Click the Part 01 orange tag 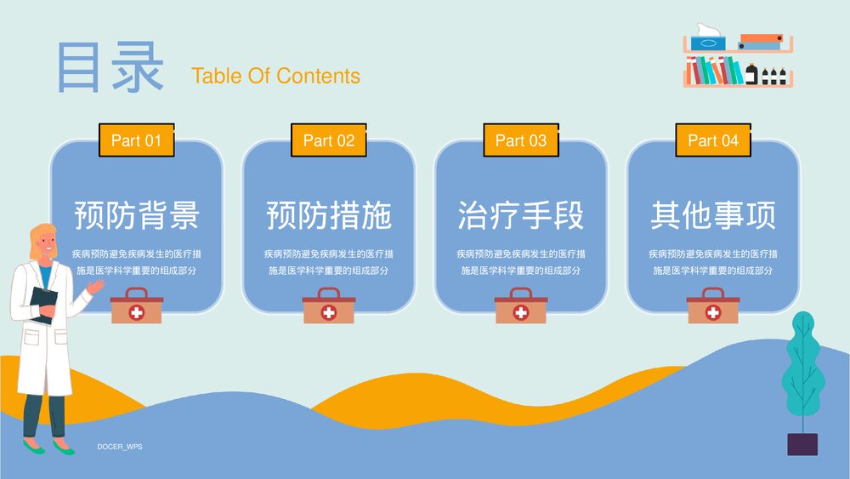click(x=136, y=140)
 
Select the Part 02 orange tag click(x=328, y=140)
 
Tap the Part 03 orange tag click(x=520, y=140)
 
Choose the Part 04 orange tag click(x=712, y=140)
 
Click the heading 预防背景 click(x=136, y=215)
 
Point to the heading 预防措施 click(x=328, y=215)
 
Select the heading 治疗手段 click(x=520, y=215)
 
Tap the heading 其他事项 click(x=712, y=215)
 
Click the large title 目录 click(x=110, y=68)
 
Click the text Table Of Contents click(x=275, y=76)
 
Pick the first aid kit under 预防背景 click(x=136, y=306)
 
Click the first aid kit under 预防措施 click(x=328, y=306)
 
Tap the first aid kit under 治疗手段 click(x=520, y=306)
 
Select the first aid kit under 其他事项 click(x=712, y=306)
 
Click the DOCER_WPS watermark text click(x=119, y=446)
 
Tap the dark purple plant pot click(x=802, y=444)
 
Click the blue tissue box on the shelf click(x=707, y=42)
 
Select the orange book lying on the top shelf click(x=761, y=38)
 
